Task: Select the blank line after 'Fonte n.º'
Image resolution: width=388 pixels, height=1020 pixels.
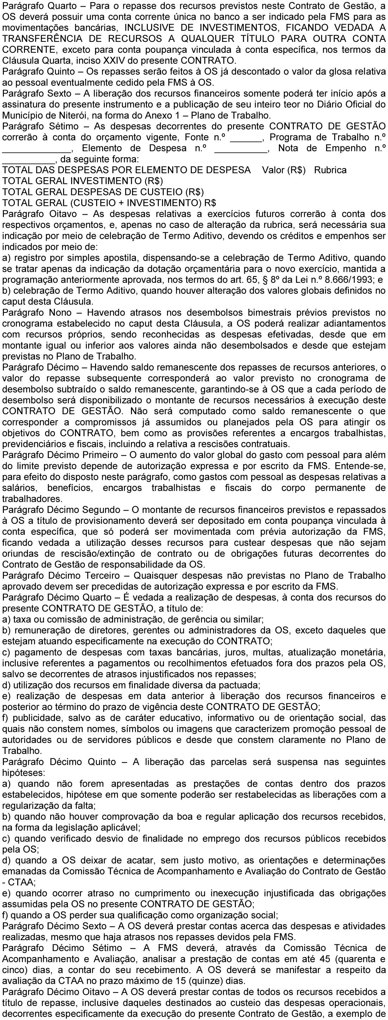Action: coord(246,138)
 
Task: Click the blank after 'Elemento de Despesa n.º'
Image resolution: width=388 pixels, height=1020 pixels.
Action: coord(243,148)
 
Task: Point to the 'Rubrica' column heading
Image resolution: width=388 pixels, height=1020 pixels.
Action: coord(330,170)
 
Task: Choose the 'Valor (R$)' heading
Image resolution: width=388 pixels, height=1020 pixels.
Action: coord(284,170)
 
